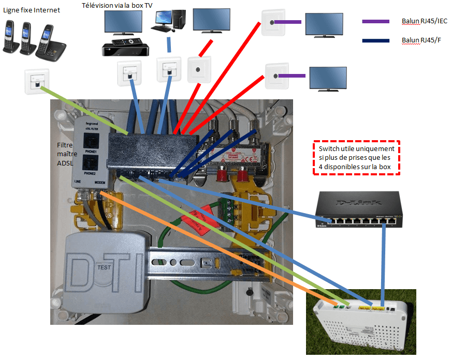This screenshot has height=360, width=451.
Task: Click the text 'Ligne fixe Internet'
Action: pos(31,10)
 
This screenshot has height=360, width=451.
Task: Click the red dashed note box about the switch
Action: pos(356,157)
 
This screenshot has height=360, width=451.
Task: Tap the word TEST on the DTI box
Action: pos(104,267)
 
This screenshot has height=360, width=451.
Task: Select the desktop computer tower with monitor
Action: pos(168,21)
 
